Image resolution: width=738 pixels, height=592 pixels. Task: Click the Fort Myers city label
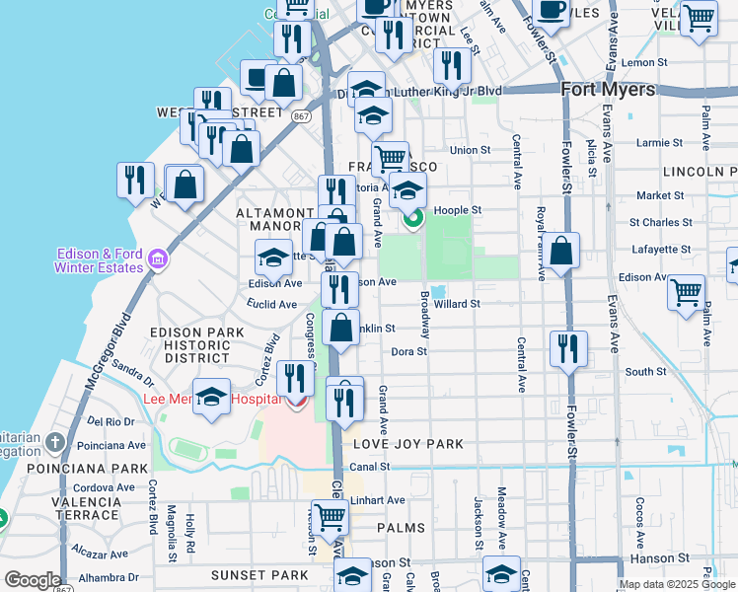(x=608, y=90)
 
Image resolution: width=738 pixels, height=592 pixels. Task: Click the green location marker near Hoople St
(x=411, y=218)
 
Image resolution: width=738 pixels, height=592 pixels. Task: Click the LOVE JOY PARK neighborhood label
(x=407, y=444)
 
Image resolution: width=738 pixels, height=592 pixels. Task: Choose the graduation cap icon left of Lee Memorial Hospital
(x=211, y=397)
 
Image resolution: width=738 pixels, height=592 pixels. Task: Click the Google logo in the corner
(x=33, y=580)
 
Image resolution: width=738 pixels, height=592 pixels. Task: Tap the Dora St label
(x=408, y=351)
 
